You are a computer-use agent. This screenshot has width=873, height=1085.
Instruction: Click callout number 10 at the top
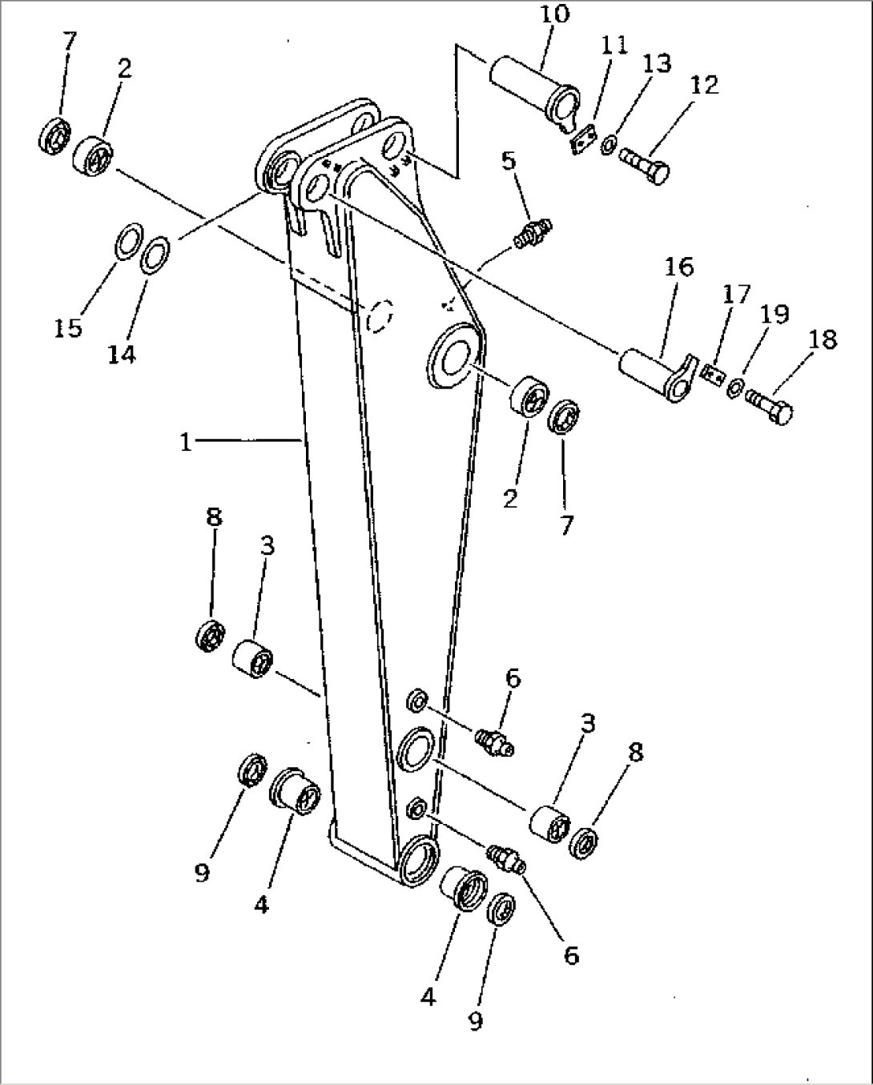(x=555, y=14)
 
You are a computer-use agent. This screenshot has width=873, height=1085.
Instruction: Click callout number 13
(x=657, y=63)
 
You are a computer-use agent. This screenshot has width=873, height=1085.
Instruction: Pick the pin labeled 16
(x=653, y=372)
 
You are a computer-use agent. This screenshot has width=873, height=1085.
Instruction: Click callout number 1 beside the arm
(x=186, y=441)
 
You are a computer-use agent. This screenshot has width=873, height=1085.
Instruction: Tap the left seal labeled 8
(x=210, y=635)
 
